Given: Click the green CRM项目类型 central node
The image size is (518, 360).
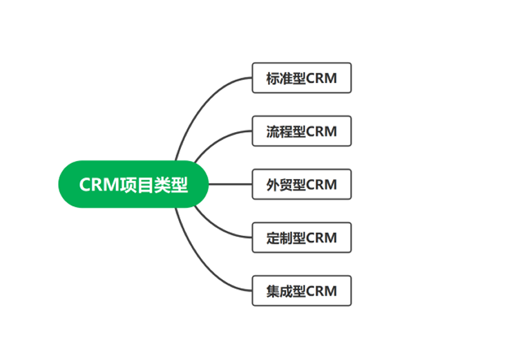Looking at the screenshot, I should [x=133, y=184].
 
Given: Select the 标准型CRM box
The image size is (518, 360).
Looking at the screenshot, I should [x=302, y=78].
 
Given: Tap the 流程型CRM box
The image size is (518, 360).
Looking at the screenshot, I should [x=302, y=131].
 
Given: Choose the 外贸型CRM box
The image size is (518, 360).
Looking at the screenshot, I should [x=302, y=184].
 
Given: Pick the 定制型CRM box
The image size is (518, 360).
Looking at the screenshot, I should [x=302, y=238].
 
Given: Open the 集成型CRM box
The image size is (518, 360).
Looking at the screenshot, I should [x=302, y=291].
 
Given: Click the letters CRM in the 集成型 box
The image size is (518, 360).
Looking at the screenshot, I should [x=322, y=291].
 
